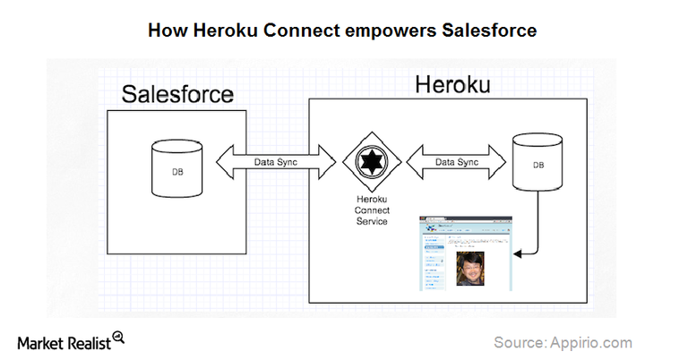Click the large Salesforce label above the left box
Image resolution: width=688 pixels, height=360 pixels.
coord(177,95)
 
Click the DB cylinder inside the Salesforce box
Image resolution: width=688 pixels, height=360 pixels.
coord(168,167)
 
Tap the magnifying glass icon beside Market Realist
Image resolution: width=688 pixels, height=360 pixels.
coord(117,338)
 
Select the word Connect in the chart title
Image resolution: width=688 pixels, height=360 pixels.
coord(297,30)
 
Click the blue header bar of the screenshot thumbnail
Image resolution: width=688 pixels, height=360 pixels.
coord(466,222)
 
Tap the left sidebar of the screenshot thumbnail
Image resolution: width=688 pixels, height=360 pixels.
coord(433,260)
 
